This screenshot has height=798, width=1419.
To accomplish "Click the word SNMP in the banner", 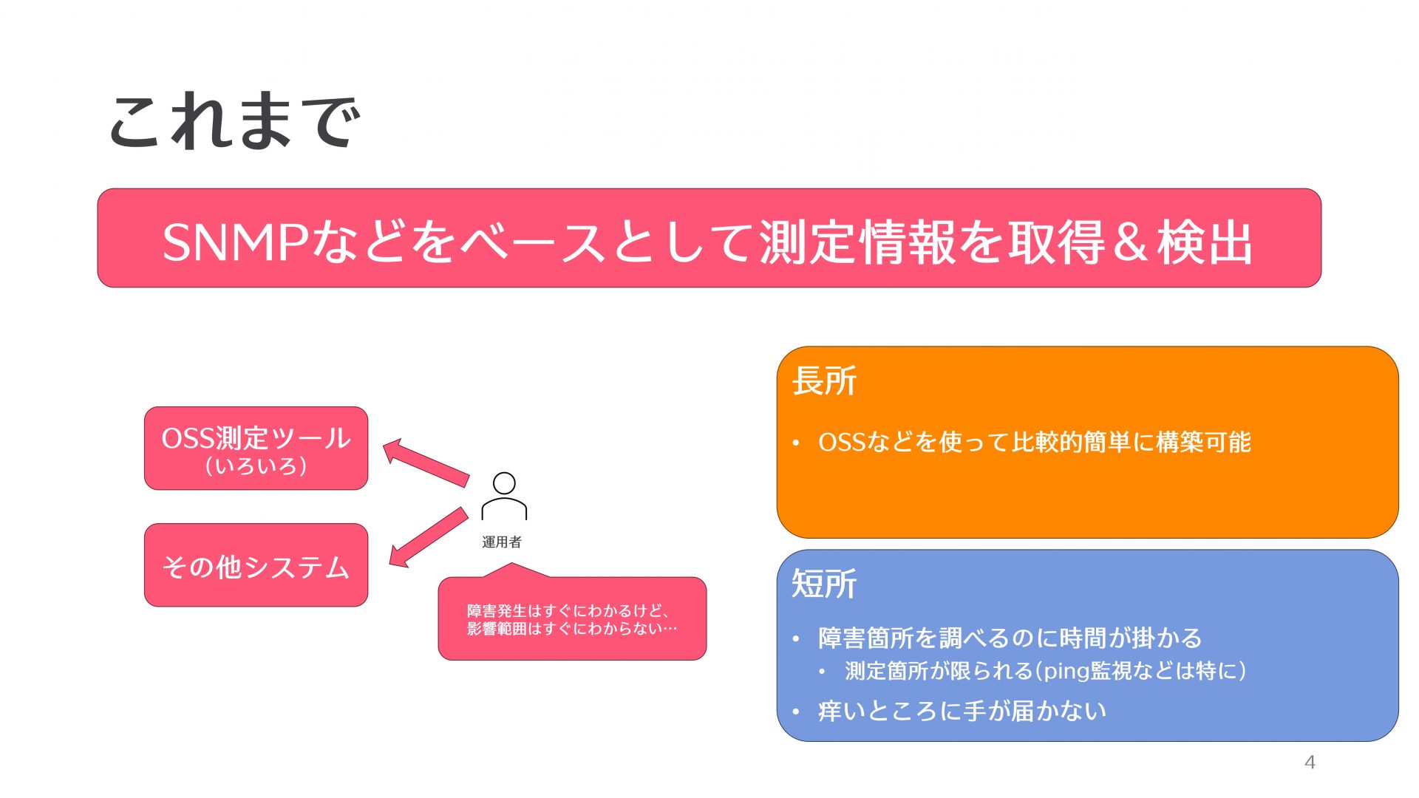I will coord(235,242).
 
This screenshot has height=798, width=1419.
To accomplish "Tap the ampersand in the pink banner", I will coord(1130,242).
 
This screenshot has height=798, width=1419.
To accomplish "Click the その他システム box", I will coord(256,566).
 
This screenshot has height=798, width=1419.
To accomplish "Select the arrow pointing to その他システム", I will coord(428,537).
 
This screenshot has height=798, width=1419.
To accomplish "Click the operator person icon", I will coord(504,497).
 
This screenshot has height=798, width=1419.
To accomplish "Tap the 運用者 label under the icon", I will coord(502,542).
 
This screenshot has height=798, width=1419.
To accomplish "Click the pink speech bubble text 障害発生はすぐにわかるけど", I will coord(568,611).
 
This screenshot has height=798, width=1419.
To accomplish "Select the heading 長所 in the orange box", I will coord(824,381).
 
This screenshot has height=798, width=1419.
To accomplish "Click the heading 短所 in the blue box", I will coord(824,584).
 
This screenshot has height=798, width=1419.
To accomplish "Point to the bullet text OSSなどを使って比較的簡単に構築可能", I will coord(1034,442).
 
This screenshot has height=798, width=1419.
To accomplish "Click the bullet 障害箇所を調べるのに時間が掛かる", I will coord(1010,638).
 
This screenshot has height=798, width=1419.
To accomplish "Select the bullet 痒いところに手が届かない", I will coord(962,711).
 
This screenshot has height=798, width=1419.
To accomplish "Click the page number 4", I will coord(1310,762).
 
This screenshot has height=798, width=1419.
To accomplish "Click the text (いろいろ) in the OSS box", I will coord(256,466).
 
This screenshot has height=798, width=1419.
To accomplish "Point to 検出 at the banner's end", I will coord(1205,242).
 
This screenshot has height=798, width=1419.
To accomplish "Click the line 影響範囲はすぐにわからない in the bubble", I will coord(571,629).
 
